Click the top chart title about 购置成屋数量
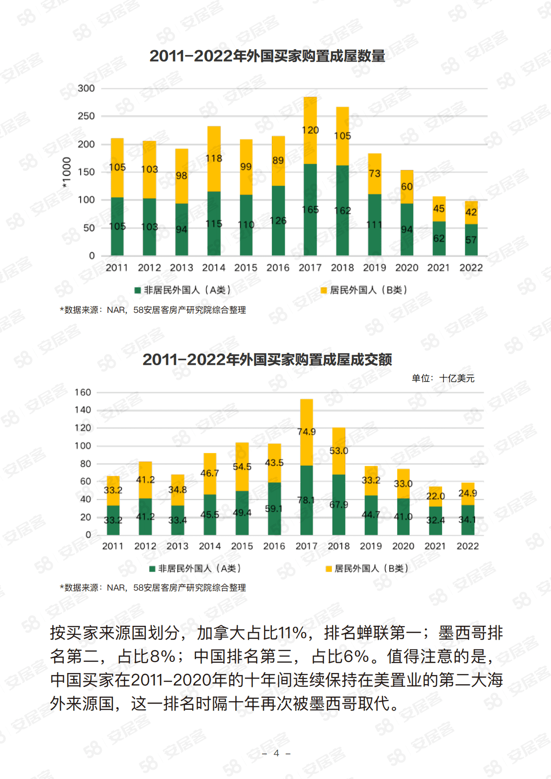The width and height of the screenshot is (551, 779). [267, 56]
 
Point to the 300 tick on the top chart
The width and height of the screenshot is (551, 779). [86, 88]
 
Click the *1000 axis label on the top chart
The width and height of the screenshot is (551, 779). [67, 172]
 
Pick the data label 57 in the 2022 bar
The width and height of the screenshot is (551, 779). [471, 240]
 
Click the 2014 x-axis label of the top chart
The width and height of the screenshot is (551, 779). [213, 268]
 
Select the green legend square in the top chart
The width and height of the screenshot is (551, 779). [138, 290]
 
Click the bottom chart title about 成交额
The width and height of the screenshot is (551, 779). [267, 360]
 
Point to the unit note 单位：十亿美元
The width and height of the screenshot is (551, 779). [443, 378]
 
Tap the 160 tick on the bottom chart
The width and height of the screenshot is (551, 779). [83, 393]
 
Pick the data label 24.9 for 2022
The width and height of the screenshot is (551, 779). [468, 493]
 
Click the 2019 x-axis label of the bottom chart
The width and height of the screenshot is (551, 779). [371, 546]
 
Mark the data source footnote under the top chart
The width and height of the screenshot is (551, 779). [153, 310]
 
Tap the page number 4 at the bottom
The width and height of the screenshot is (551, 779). [276, 753]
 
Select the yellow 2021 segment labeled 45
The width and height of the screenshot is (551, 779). [439, 208]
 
